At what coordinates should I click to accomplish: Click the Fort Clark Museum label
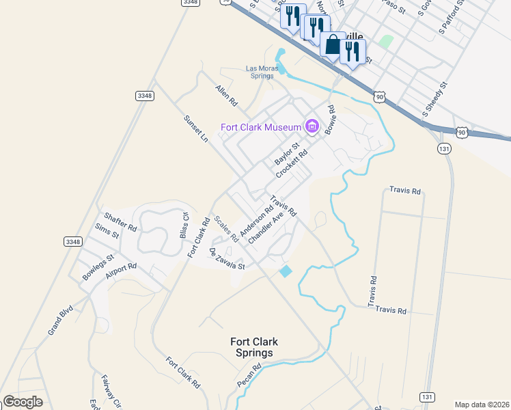click(260, 127)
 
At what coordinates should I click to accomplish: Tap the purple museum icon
click(312, 126)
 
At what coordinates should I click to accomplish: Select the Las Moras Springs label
click(260, 72)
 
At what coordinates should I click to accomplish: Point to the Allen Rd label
click(226, 95)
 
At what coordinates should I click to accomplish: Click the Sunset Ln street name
click(195, 128)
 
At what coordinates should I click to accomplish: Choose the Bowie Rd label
click(331, 119)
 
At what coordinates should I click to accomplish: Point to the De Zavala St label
click(226, 259)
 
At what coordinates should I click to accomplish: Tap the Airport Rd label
click(122, 271)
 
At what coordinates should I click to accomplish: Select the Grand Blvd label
click(60, 321)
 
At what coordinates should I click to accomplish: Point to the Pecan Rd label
click(249, 377)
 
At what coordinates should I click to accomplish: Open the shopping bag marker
click(332, 45)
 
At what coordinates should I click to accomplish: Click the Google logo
click(23, 402)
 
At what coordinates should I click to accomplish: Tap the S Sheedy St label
click(434, 100)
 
